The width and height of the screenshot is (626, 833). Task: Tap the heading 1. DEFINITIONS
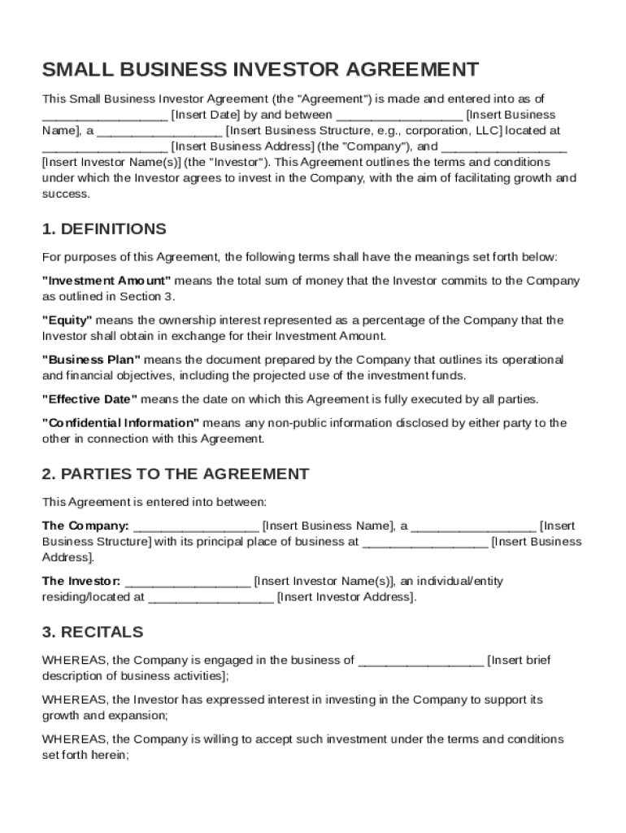tap(104, 229)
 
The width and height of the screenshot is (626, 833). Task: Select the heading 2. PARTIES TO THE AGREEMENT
tap(176, 473)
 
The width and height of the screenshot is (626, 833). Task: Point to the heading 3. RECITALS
tap(93, 632)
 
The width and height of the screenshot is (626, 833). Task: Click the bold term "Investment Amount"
tap(107, 281)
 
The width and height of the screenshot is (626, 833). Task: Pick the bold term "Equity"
tap(67, 321)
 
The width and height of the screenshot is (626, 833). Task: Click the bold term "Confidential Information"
tap(121, 423)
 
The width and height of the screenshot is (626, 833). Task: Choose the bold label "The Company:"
tap(85, 526)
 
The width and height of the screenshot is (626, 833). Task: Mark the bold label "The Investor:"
tap(81, 581)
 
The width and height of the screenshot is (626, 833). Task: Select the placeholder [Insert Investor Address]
tap(346, 597)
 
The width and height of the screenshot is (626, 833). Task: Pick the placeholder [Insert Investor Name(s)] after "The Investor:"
tap(324, 581)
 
